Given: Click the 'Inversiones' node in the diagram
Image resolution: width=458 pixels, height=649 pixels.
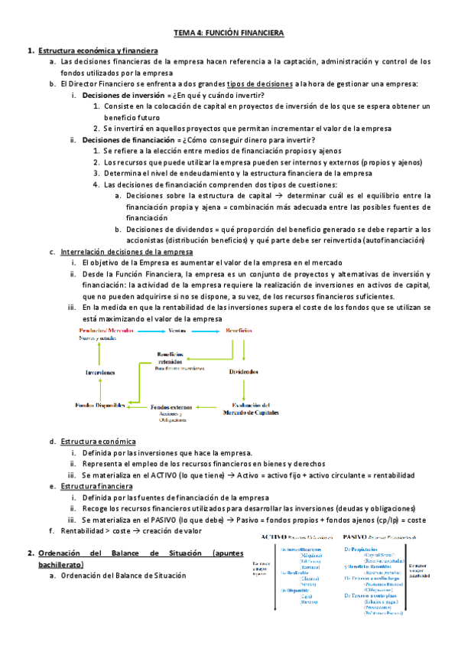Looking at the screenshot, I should (100, 372).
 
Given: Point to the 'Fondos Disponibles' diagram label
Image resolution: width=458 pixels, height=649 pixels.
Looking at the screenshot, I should (100, 405).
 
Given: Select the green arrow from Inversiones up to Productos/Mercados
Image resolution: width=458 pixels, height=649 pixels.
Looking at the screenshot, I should (99, 353).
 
